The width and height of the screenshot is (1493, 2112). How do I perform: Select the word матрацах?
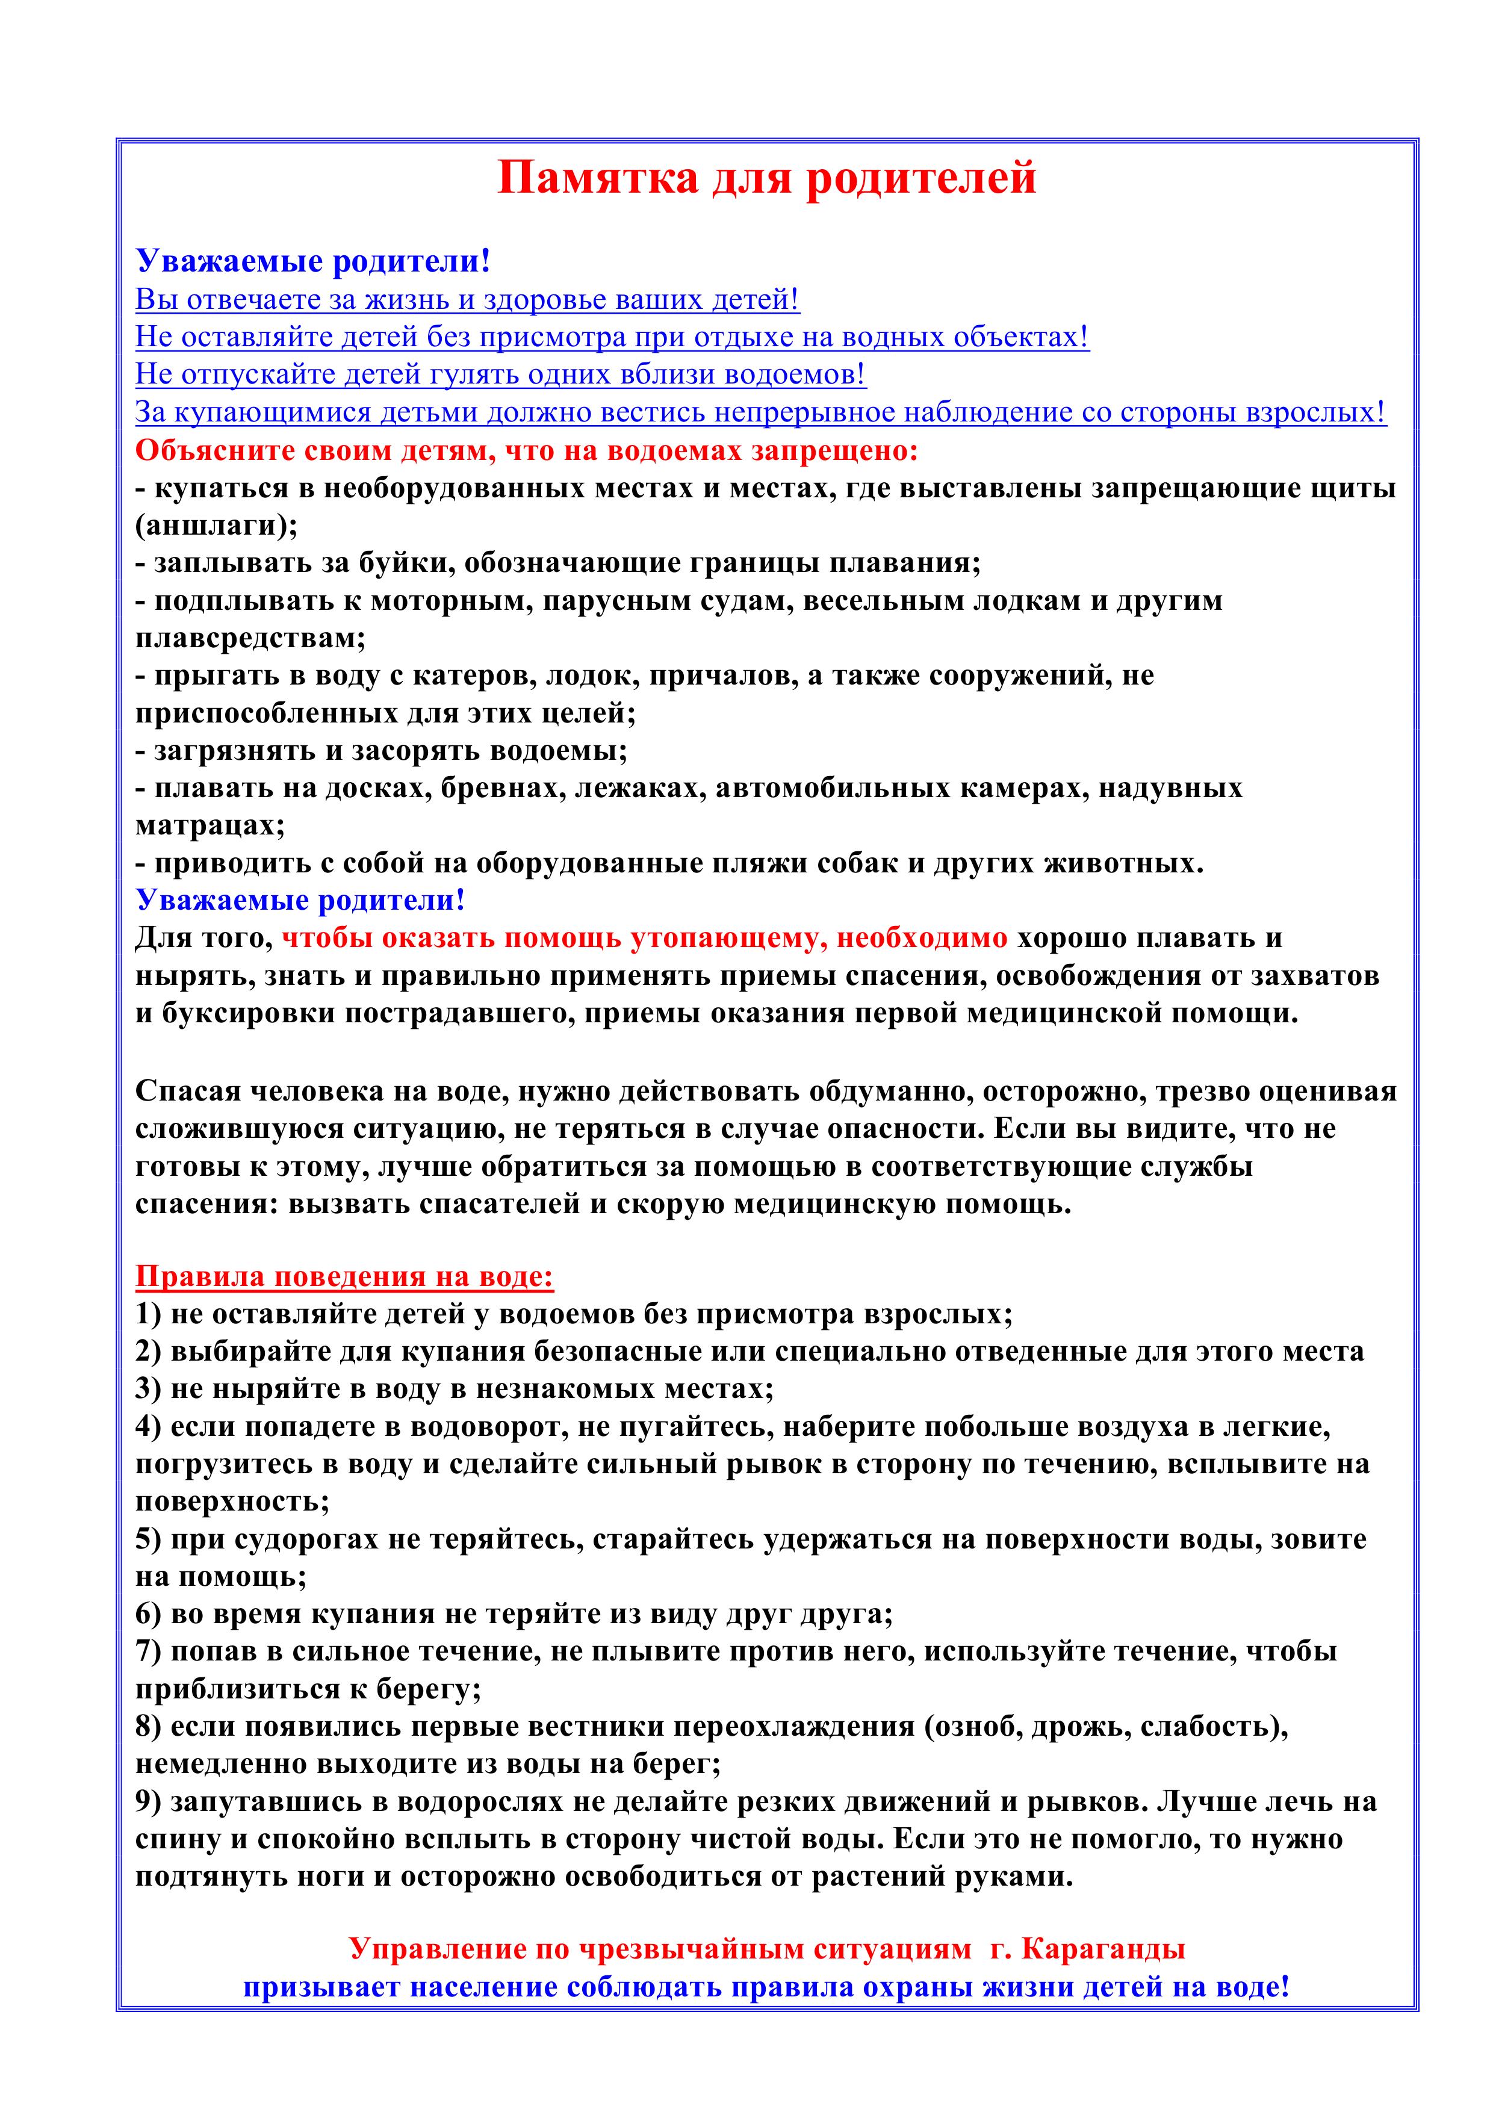point(210,825)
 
